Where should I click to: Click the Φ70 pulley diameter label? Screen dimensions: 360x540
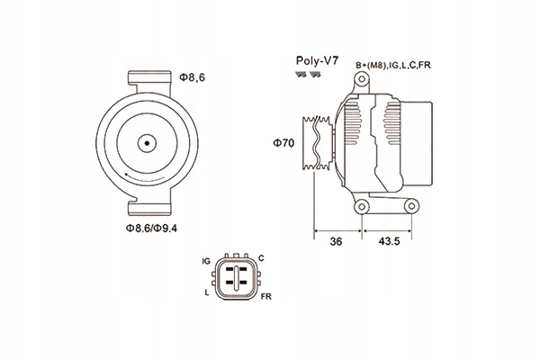pyautogui.click(x=284, y=142)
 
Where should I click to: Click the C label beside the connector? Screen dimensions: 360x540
pyautogui.click(x=261, y=258)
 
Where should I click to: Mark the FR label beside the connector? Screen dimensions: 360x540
pyautogui.click(x=265, y=296)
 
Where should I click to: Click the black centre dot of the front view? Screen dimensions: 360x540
pyautogui.click(x=146, y=142)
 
